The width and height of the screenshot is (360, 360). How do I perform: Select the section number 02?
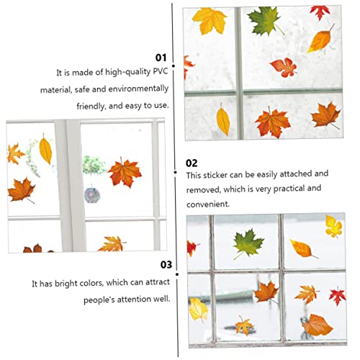[x=192, y=163]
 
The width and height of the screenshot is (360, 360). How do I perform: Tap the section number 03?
[x=166, y=264]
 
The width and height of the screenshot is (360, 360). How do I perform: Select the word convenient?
[x=208, y=204]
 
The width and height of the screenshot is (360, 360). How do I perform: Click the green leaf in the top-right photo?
[x=264, y=20]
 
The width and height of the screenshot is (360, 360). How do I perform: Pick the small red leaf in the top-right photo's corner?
[x=320, y=12]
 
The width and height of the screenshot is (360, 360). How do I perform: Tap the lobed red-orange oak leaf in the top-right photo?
[x=283, y=68]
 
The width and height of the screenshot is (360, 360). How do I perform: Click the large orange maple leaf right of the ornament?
[x=124, y=172]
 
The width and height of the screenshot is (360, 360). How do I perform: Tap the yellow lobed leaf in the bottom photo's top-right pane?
[x=333, y=225]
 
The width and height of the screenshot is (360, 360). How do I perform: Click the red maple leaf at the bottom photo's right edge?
[x=337, y=294]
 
